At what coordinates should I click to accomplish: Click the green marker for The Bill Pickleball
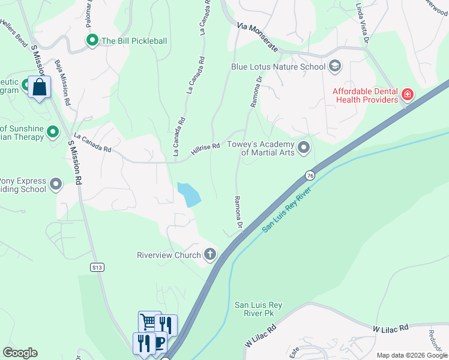92,41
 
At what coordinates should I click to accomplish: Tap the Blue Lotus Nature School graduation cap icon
335,66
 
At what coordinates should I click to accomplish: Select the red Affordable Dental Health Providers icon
408,95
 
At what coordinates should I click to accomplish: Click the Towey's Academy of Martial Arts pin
304,147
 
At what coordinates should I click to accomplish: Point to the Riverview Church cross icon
210,255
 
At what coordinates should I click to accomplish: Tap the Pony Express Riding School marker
56,184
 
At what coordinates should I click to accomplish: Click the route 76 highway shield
310,175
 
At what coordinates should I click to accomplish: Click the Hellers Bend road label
13,37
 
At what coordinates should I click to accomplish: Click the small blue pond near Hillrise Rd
189,194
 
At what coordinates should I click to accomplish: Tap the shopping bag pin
39,88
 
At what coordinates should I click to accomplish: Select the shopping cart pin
149,322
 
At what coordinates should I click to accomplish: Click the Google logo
20,353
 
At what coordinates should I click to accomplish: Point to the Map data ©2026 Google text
411,355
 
